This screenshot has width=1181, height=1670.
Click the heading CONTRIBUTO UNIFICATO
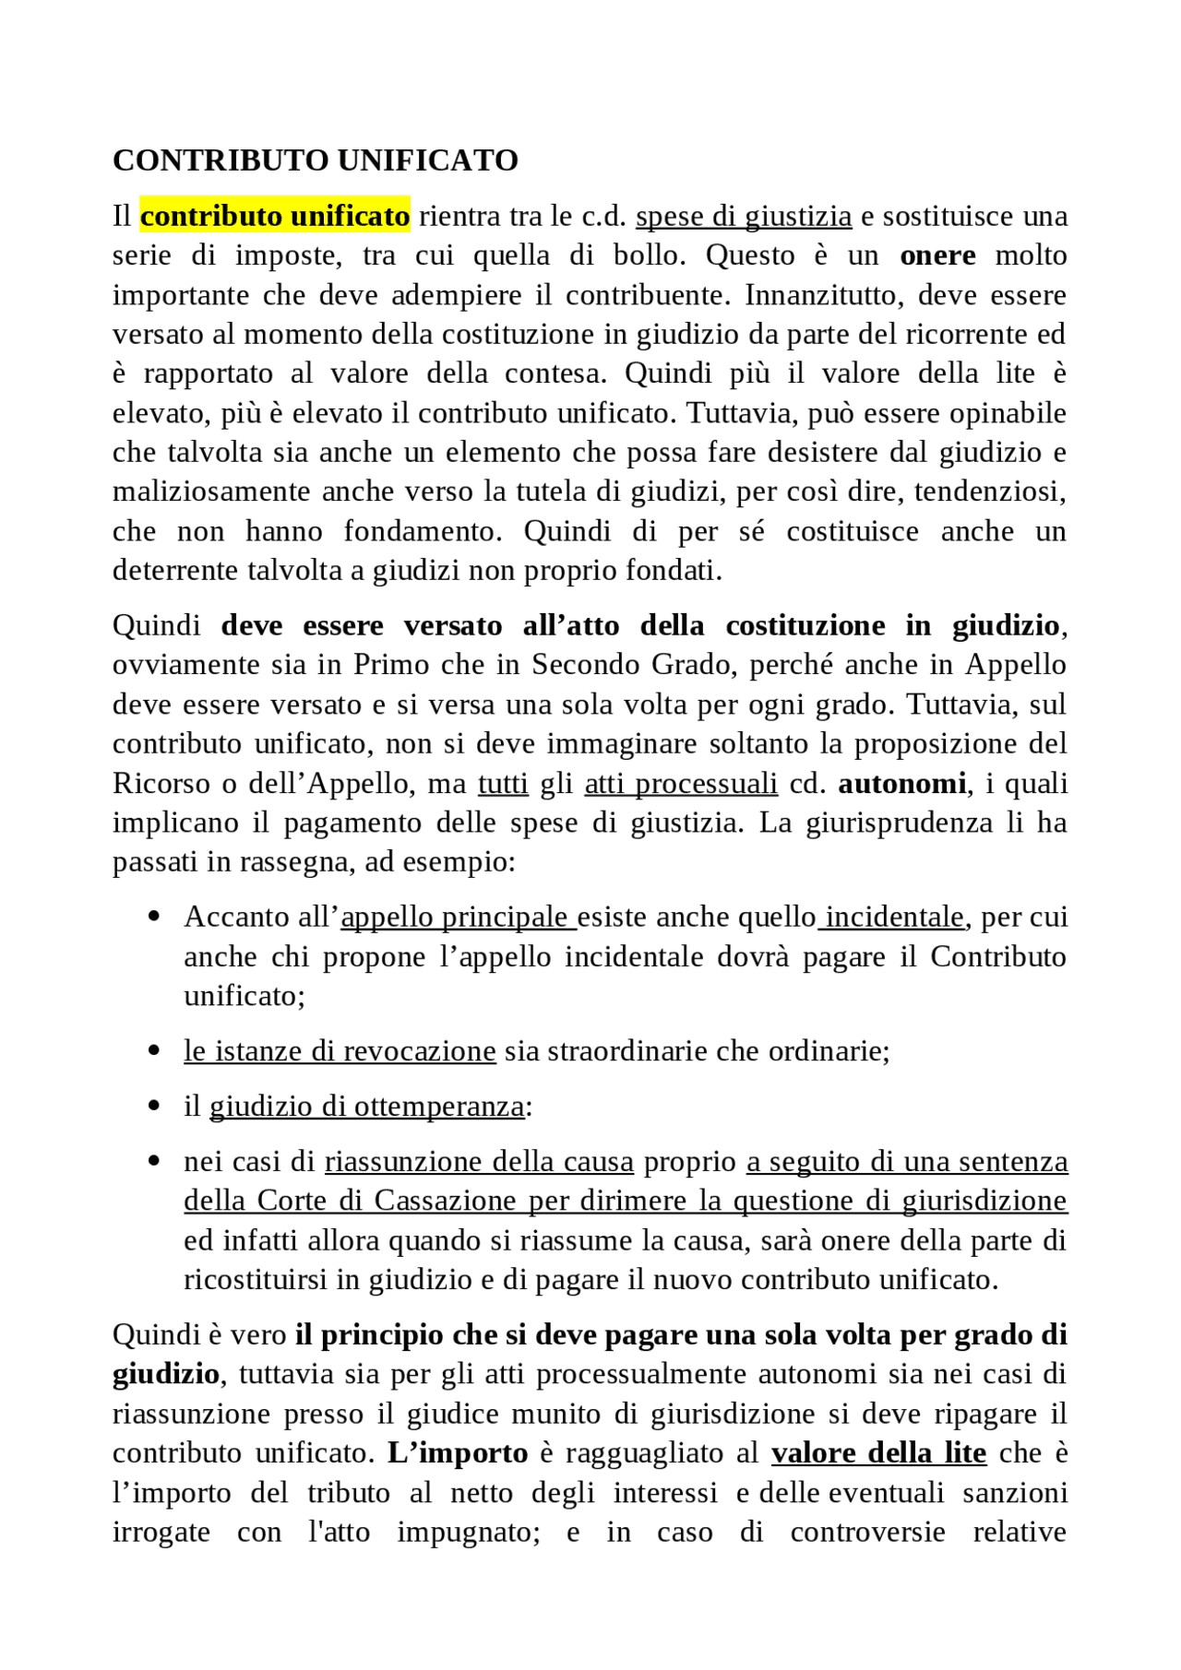pos(315,160)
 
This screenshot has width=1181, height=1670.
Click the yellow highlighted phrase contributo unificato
pos(275,216)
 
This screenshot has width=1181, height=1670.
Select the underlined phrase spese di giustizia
pos(744,216)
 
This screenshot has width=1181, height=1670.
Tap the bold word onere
pos(937,255)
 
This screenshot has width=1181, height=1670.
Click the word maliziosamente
pos(212,492)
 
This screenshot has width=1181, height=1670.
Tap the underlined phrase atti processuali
pos(681,784)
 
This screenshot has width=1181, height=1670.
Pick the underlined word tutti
pos(503,784)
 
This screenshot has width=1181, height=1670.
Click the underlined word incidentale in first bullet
pos(894,918)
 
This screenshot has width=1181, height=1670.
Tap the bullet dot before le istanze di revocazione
pos(154,1051)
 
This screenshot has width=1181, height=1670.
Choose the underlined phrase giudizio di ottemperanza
pos(366,1107)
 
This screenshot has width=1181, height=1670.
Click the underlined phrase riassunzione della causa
pos(479,1162)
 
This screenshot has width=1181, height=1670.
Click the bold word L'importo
pos(458,1453)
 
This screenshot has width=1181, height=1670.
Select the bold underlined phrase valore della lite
pos(878,1453)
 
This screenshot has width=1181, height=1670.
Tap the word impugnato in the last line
pos(468,1533)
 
